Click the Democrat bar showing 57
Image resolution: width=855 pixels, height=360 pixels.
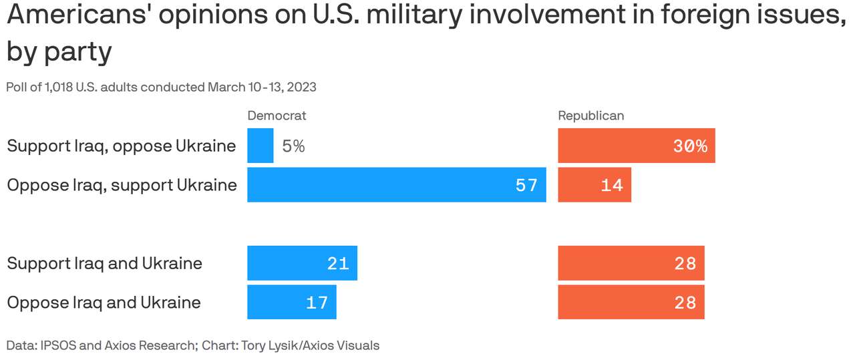coord(396,185)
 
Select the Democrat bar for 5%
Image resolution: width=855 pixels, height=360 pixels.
coord(260,146)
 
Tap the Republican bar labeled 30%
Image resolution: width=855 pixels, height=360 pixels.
coord(636,146)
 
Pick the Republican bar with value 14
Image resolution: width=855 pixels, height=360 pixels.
coord(594,185)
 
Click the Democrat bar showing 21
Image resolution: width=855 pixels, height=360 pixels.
coord(302,263)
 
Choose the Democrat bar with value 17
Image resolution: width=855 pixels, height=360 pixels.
coord(291,302)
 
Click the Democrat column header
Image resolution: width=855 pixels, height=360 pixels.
coord(277,116)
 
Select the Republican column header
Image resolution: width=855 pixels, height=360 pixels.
coord(590,116)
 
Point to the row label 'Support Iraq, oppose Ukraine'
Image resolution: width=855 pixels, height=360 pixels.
coord(121,146)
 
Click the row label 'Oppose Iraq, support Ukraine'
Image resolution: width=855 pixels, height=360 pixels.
coord(122,185)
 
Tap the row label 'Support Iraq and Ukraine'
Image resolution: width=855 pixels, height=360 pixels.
coord(104,263)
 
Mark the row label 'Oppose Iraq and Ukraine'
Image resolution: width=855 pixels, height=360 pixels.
coord(104,303)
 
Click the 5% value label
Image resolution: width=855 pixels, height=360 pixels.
coord(293,146)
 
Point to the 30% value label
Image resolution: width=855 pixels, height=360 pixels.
coord(690,146)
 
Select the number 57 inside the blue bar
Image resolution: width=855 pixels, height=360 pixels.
coord(526,185)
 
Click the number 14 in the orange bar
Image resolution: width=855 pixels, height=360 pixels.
coord(611,185)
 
